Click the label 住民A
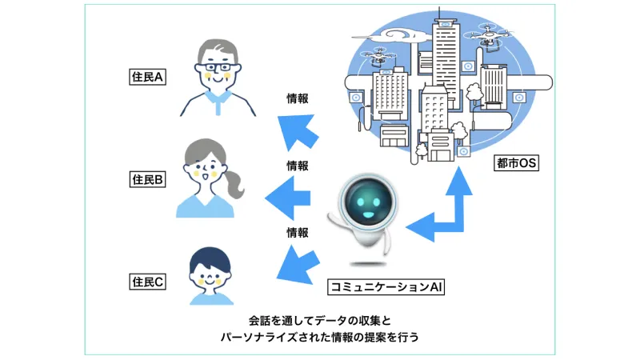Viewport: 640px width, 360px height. point(147,78)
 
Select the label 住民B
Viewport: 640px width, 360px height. point(147,180)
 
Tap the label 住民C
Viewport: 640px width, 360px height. point(147,281)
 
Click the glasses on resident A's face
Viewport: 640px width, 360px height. point(214,68)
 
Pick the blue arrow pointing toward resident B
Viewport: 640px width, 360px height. point(289,197)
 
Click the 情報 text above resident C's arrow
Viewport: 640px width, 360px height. point(298,234)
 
